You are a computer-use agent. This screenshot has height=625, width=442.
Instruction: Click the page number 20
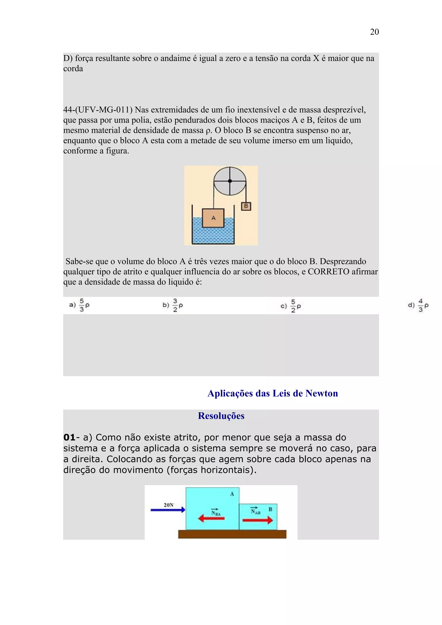(374, 32)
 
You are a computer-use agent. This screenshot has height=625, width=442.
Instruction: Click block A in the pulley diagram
(213, 218)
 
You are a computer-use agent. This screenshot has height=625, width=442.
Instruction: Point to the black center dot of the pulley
(230, 181)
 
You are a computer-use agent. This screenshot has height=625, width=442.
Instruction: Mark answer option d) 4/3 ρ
(418, 305)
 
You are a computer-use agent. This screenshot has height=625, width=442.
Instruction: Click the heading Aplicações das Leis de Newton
(273, 393)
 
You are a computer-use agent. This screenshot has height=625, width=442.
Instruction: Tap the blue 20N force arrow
(168, 510)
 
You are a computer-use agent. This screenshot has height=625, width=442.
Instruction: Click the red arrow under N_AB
(257, 520)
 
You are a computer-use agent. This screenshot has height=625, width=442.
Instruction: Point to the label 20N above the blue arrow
(169, 505)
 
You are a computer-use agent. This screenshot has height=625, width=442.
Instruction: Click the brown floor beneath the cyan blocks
(232, 534)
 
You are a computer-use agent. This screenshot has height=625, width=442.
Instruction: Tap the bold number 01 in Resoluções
(69, 437)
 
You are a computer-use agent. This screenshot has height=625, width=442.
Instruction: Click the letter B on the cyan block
(270, 509)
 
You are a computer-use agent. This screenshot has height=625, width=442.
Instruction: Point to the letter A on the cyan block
(232, 494)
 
